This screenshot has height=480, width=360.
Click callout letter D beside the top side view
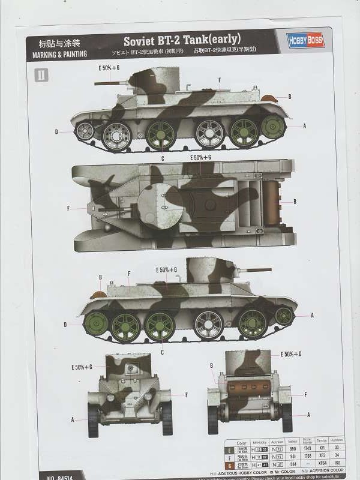[x=56, y=131]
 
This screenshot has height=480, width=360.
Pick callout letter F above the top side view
[x=220, y=80]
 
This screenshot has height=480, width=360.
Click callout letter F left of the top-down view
[x=69, y=208]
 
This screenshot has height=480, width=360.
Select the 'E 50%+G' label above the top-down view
[x=200, y=157]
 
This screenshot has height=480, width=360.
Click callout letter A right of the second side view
[x=313, y=315]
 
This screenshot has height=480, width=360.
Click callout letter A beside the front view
[x=73, y=419]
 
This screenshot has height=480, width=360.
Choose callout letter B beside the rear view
[x=211, y=365]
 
